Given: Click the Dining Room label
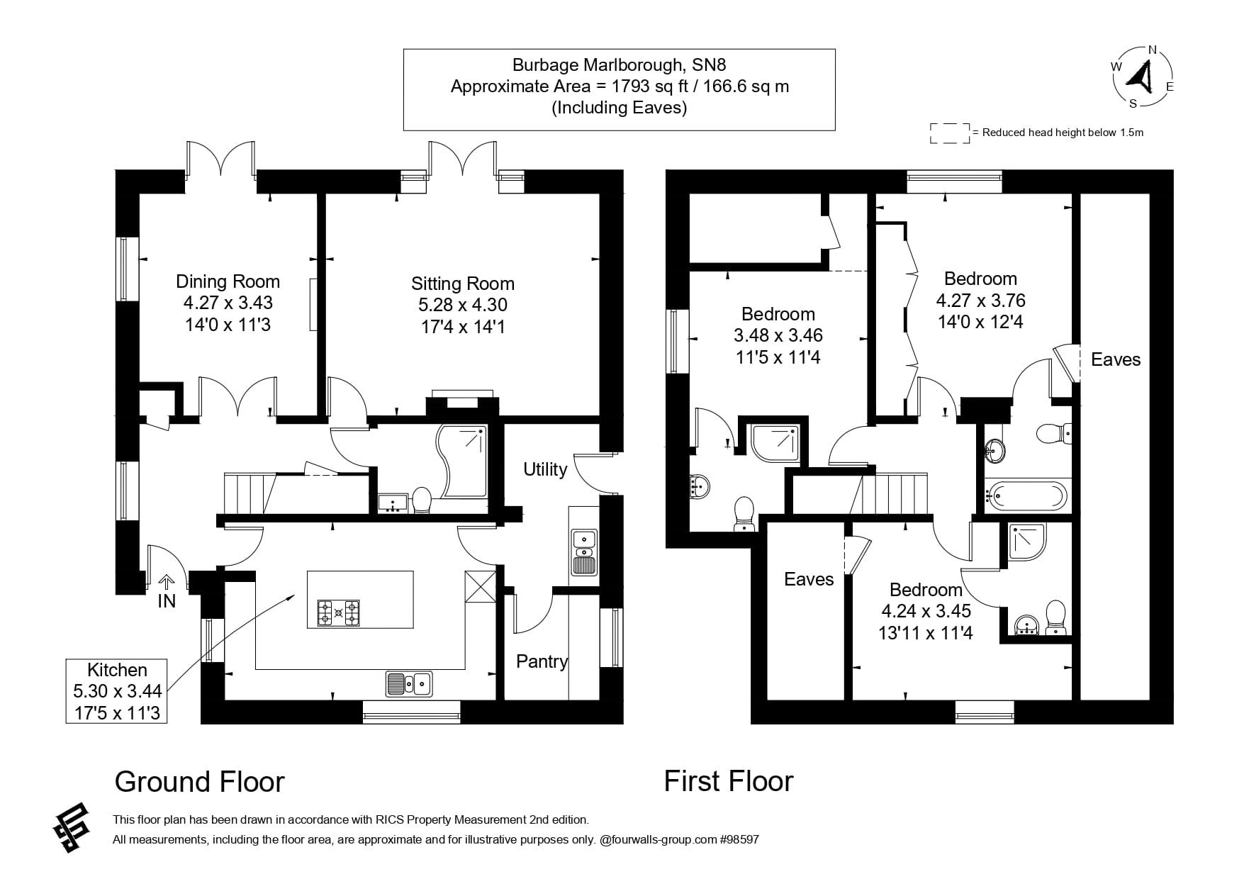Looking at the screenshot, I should pos(228,281).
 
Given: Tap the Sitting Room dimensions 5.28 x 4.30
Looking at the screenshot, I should pos(462,305).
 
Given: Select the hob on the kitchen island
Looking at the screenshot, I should pos(339,612).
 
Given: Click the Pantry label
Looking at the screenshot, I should pos(542,661).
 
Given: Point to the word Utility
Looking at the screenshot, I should pos(545,469).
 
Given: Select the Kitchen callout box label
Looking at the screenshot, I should pos(117,670).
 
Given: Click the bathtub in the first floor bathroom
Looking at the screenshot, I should pos(1026,496).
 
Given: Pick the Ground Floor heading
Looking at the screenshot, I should pos(199,781).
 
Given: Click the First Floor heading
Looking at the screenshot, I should pos(728,780).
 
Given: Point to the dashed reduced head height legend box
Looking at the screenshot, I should pos(949,133).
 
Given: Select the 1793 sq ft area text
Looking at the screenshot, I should pos(620,86).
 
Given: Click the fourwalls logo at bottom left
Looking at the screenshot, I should pos(72,827).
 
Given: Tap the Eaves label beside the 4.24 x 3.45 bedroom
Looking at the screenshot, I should pos(808,579).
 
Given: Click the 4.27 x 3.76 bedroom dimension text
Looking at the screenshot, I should pos(980,301).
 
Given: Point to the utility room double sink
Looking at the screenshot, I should pos(584,552).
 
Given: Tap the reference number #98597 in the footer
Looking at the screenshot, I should pos(739,839).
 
